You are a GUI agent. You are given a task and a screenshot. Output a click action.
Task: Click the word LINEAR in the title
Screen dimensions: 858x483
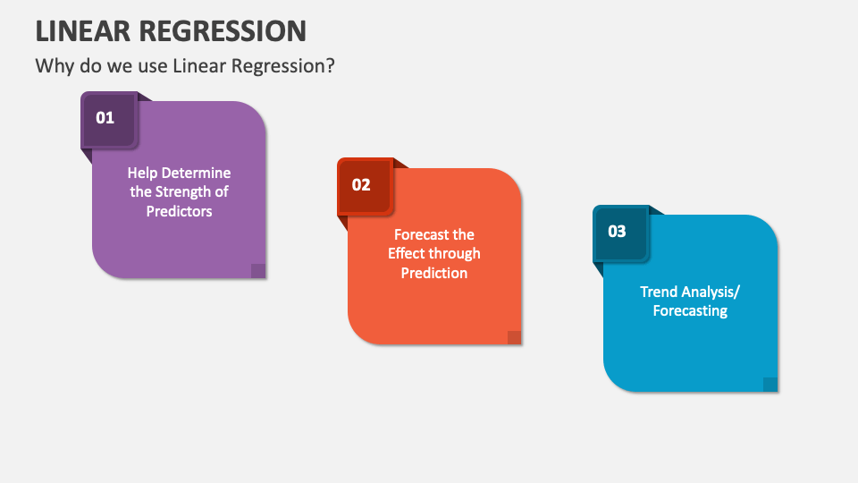pyautogui.click(x=83, y=30)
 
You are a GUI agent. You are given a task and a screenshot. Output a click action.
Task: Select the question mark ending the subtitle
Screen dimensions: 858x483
pyautogui.click(x=330, y=65)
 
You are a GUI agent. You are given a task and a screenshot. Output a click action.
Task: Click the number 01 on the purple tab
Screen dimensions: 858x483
pyautogui.click(x=105, y=118)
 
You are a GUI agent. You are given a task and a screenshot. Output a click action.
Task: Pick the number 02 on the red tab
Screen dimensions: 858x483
pyautogui.click(x=361, y=185)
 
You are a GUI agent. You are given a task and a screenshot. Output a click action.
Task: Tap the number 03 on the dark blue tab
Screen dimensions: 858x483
pyautogui.click(x=617, y=232)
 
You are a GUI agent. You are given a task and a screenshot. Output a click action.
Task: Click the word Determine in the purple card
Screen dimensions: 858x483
pyautogui.click(x=197, y=173)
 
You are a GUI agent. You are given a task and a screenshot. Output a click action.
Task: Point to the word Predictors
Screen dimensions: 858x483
pyautogui.click(x=179, y=211)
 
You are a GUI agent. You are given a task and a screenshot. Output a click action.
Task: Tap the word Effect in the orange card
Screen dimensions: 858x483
pyautogui.click(x=404, y=253)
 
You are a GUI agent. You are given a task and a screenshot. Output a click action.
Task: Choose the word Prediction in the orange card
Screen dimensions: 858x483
pyautogui.click(x=434, y=273)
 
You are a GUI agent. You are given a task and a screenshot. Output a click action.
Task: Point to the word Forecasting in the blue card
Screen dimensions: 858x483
pyautogui.click(x=690, y=311)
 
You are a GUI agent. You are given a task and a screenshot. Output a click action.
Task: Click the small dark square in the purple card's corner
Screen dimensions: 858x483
pyautogui.click(x=258, y=270)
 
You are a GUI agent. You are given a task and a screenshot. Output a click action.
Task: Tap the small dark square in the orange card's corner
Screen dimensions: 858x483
pyautogui.click(x=515, y=337)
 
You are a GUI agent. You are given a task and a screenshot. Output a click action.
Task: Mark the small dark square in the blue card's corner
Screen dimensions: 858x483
pyautogui.click(x=770, y=385)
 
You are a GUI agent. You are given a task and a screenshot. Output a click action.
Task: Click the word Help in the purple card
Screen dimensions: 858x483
pyautogui.click(x=143, y=174)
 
